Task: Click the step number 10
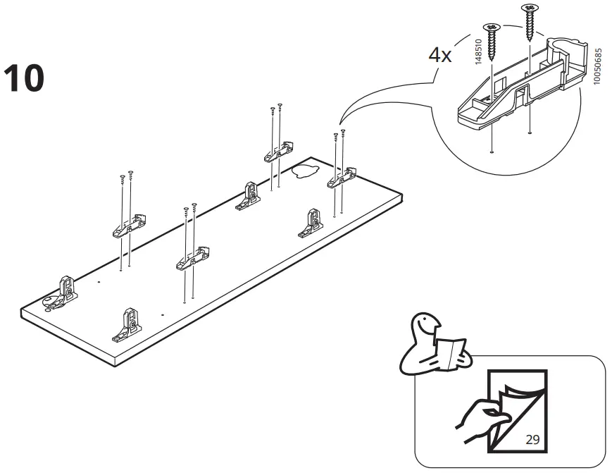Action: point(24,78)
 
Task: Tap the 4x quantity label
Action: point(440,56)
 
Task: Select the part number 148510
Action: point(478,53)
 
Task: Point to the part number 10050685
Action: point(598,68)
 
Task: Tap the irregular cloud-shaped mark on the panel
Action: point(304,170)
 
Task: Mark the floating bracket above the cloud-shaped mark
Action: point(279,152)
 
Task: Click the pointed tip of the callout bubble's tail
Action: point(339,124)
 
